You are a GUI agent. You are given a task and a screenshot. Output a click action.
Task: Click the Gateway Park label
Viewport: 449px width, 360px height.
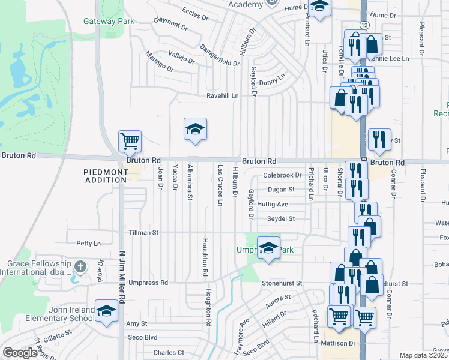pyautogui.click(x=109, y=21)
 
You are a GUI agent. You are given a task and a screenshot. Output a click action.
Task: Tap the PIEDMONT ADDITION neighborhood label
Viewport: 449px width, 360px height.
pyautogui.click(x=106, y=176)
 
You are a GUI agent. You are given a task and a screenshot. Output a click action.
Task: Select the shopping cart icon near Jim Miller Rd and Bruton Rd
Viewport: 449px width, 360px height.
pyautogui.click(x=130, y=142)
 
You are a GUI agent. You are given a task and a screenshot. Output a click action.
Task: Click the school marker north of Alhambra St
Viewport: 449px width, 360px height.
pyautogui.click(x=195, y=129)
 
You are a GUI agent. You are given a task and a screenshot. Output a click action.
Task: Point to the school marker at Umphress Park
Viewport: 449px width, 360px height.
pyautogui.click(x=268, y=247)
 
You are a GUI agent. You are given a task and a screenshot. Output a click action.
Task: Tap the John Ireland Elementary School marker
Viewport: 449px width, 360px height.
pyautogui.click(x=107, y=311)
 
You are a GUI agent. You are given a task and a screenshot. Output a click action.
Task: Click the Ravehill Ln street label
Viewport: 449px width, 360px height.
pyautogui.click(x=223, y=95)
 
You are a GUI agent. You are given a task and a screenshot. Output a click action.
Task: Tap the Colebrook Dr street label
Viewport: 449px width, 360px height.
pyautogui.click(x=282, y=175)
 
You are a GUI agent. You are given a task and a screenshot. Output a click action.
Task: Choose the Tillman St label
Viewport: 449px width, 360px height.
pyautogui.click(x=143, y=232)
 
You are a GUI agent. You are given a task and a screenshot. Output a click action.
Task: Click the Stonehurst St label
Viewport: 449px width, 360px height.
pyautogui.click(x=281, y=283)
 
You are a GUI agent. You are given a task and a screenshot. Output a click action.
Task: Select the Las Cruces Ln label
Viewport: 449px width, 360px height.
pyautogui.click(x=220, y=186)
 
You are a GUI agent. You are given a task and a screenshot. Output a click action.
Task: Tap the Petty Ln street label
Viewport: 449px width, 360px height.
pyautogui.click(x=88, y=244)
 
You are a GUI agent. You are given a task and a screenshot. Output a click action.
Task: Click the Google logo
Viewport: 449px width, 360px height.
pyautogui.click(x=20, y=353)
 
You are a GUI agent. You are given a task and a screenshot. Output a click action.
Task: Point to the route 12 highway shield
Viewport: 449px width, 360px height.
pyautogui.click(x=364, y=24)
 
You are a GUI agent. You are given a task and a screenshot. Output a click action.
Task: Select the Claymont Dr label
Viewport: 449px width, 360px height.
pyautogui.click(x=170, y=23)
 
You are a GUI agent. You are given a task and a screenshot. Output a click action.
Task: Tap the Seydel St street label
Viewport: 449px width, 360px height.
pyautogui.click(x=281, y=218)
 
